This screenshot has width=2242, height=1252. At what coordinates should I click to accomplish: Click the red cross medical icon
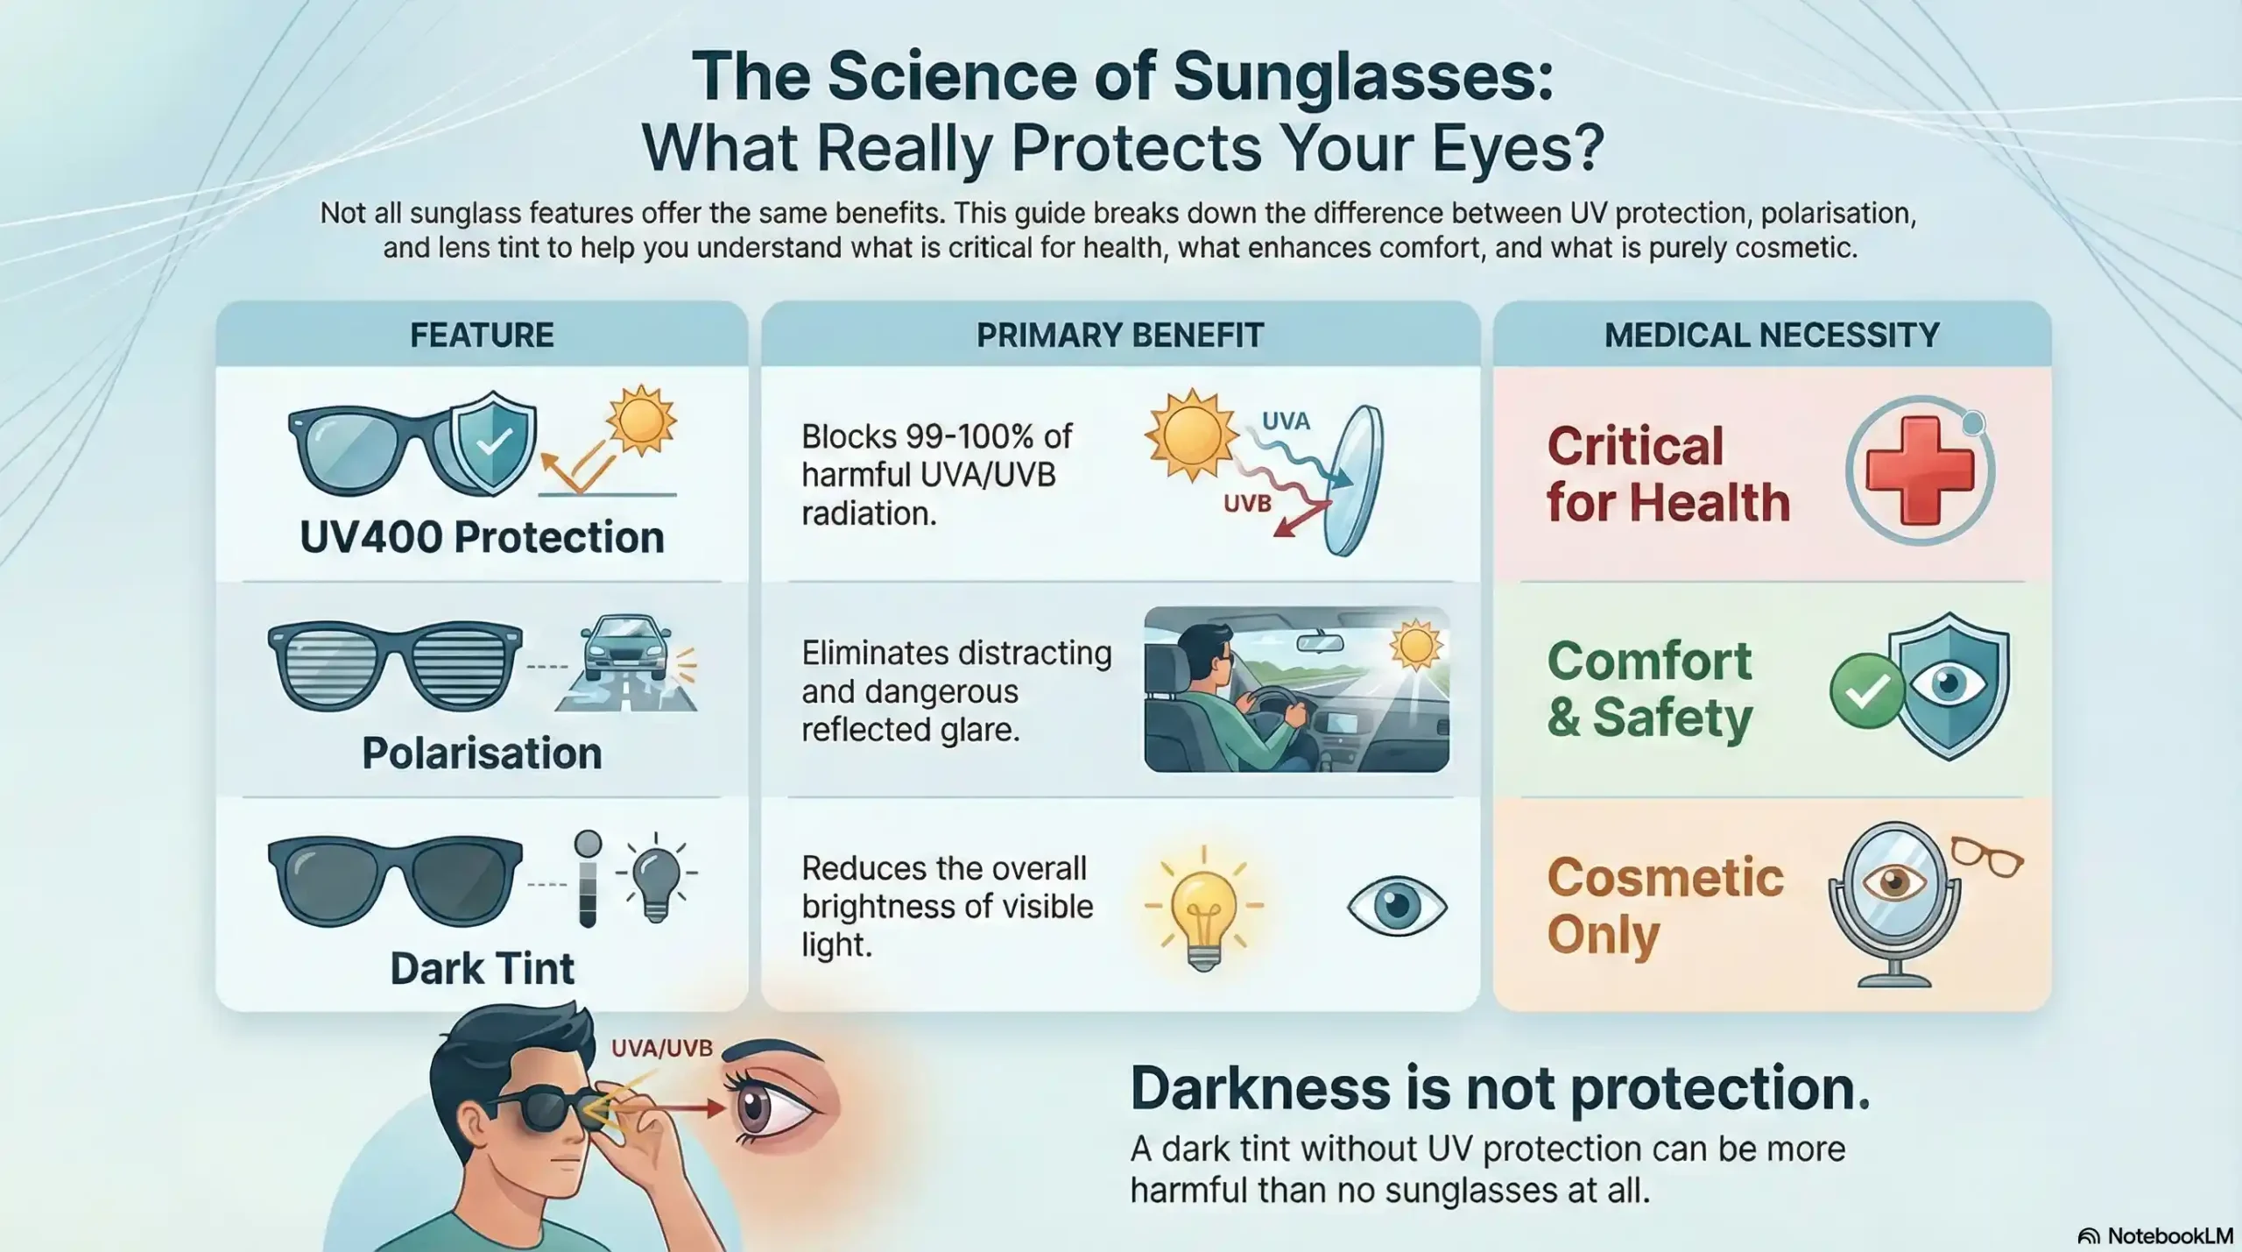coord(1920,470)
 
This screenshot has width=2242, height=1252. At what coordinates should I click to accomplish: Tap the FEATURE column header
coord(482,336)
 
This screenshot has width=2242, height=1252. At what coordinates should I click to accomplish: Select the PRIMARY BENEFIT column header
coord(1120,336)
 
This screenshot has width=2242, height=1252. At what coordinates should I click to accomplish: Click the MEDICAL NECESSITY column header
coord(1772,336)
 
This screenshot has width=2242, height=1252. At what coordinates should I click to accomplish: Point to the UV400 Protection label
coord(482,537)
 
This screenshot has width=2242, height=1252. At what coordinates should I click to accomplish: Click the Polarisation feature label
coord(482,753)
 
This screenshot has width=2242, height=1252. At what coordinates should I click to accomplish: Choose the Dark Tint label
coord(482,969)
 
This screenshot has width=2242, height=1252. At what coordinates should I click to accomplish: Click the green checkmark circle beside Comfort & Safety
coord(1866,691)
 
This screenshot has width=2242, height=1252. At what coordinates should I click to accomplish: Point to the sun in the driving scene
coord(1415,647)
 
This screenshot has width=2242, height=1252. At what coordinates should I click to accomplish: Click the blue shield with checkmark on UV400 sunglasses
coord(493,442)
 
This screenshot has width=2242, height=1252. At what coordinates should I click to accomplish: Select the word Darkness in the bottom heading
coord(1259,1089)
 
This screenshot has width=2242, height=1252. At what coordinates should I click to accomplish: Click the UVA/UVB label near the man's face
coord(661,1048)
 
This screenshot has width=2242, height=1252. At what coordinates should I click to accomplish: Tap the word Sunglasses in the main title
coord(1363,76)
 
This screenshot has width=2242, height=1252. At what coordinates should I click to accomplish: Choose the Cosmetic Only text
coord(1664,906)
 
